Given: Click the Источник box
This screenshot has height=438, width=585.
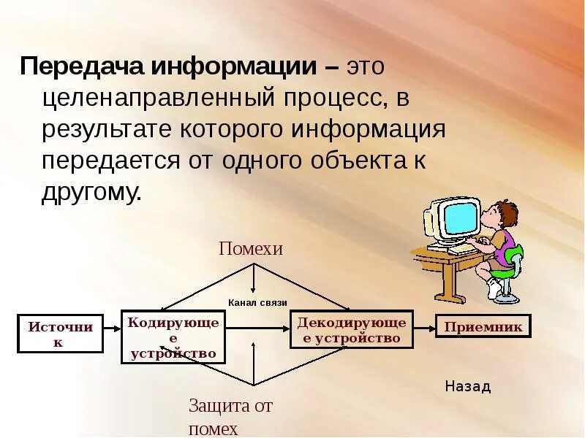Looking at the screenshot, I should pos(60,334).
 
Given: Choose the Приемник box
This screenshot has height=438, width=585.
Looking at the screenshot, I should pos(483,326).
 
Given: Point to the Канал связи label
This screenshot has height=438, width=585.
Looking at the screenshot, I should pos(257,302).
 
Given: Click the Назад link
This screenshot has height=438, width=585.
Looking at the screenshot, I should pos(467,387).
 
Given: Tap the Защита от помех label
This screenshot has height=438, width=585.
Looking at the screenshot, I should pos(230,417).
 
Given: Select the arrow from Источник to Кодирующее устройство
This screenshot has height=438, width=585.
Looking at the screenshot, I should pos(110,329).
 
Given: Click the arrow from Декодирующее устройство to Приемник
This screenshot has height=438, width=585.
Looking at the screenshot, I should pos(424,327).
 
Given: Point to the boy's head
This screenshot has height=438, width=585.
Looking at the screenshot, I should pos(497,215).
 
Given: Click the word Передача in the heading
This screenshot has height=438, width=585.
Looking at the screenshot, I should pos(81,68).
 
